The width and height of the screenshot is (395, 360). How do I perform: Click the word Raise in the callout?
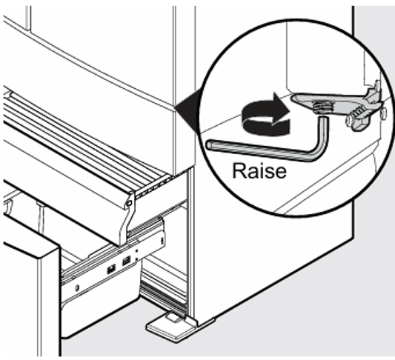(x=259, y=171)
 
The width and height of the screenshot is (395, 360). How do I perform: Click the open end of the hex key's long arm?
(x=210, y=144)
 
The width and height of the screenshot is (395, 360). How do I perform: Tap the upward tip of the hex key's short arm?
(x=324, y=118)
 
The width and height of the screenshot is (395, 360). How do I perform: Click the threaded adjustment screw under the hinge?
(x=320, y=107)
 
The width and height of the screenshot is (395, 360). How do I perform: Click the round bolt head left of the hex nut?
(x=349, y=119)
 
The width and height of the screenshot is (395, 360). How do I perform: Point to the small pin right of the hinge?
(x=383, y=114)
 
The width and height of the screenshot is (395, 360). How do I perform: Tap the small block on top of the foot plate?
(x=172, y=317)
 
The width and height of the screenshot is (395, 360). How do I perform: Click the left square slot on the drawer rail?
(x=111, y=269)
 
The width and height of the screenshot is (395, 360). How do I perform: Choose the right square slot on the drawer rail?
(x=126, y=261)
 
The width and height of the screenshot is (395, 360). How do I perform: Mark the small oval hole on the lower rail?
(x=77, y=287)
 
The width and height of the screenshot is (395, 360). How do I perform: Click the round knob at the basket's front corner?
(x=130, y=203)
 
